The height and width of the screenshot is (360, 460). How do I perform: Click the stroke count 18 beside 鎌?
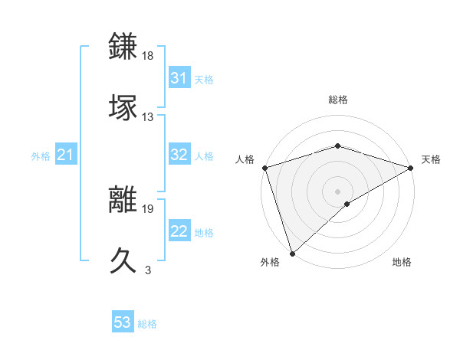click(x=148, y=56)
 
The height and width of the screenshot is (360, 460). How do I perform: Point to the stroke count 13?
click(x=148, y=117)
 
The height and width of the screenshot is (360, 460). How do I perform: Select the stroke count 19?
click(x=148, y=208)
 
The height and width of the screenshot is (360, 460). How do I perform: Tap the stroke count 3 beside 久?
click(x=148, y=270)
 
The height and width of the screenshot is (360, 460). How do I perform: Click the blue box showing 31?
click(x=179, y=78)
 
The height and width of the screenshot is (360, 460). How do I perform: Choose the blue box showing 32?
click(x=179, y=155)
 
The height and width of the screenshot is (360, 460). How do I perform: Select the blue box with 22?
click(x=179, y=231)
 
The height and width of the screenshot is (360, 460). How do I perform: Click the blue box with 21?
click(x=65, y=155)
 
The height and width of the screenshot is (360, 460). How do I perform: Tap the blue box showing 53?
click(x=123, y=322)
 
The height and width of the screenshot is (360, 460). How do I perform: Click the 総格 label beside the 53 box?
click(x=147, y=324)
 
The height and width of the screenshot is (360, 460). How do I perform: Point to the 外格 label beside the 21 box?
click(x=41, y=156)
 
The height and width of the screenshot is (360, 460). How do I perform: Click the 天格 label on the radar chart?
click(x=431, y=159)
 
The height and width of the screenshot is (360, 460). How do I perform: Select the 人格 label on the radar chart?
click(x=245, y=159)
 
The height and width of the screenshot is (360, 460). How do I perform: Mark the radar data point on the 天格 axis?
click(x=411, y=167)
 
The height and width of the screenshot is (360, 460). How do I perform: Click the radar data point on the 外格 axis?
click(x=292, y=253)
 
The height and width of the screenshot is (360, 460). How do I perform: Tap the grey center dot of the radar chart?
click(x=337, y=191)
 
